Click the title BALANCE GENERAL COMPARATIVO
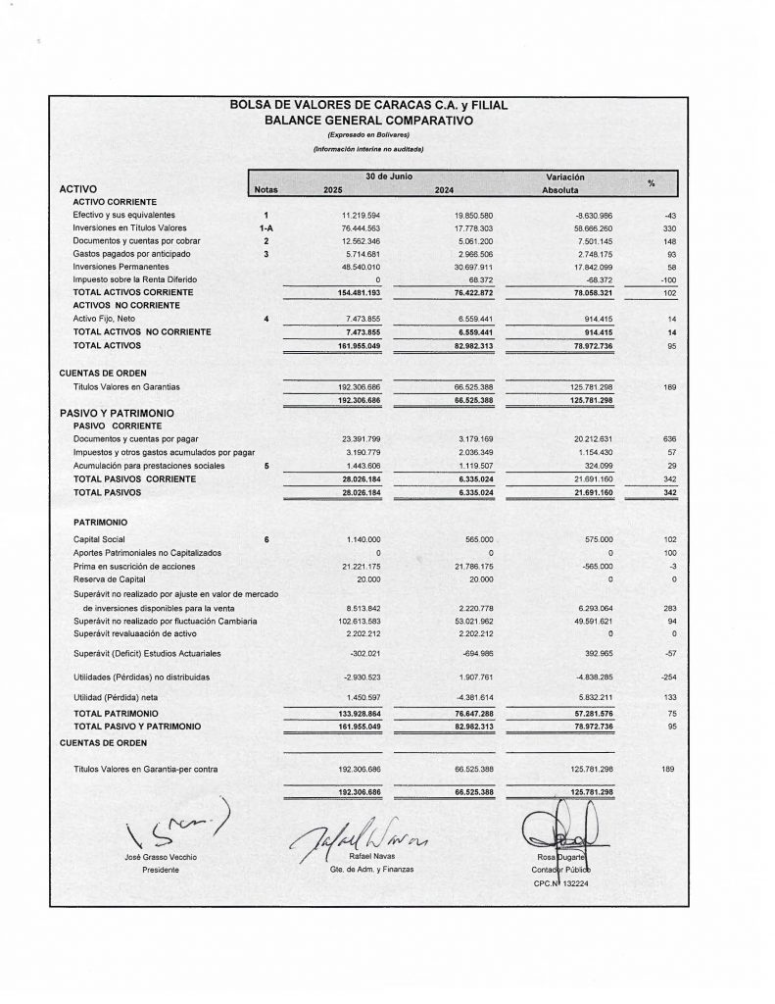pos(367,120)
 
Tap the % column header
pos(652,183)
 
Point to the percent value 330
pos(671,227)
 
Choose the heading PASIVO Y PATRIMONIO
pos(117,413)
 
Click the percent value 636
pos(671,439)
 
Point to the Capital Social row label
pos(100,540)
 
